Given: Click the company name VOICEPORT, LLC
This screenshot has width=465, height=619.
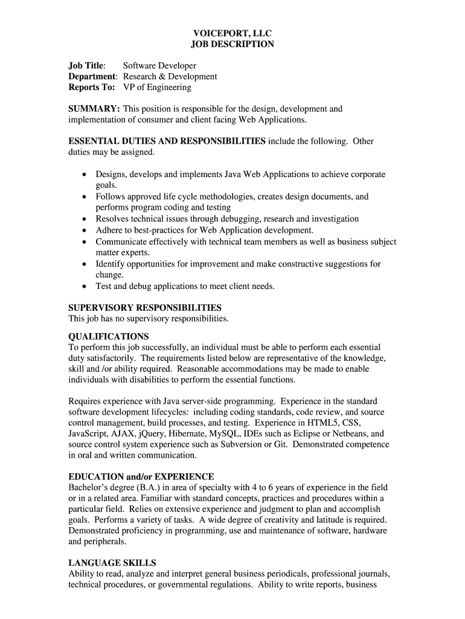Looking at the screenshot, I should [x=232, y=33].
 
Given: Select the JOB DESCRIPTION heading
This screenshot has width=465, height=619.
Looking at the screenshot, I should [x=232, y=44].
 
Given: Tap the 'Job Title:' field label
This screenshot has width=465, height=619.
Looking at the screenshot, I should [x=87, y=66].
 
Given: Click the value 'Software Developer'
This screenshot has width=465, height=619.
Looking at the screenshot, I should [x=159, y=66].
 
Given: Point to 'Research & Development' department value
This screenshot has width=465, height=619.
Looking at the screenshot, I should [x=170, y=77].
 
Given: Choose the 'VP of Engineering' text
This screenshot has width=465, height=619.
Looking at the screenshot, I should [x=157, y=88].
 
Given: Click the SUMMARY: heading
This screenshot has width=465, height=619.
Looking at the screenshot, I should [x=94, y=109].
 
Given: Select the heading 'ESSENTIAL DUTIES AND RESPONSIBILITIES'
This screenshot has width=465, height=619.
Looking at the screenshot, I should [x=167, y=141].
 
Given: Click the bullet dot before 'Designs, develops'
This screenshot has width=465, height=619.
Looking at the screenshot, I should [x=84, y=175].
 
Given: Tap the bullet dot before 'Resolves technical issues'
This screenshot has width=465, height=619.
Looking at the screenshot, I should [x=84, y=219].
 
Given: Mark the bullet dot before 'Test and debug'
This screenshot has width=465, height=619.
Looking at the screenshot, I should [x=84, y=287].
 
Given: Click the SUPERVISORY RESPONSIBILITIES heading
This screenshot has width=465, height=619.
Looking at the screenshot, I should [x=145, y=308].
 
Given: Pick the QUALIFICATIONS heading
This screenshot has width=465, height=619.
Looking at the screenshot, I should [x=109, y=337].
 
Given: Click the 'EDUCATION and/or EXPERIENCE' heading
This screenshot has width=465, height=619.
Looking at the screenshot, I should [x=141, y=477].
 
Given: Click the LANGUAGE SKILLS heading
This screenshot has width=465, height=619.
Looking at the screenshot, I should [x=112, y=563].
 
